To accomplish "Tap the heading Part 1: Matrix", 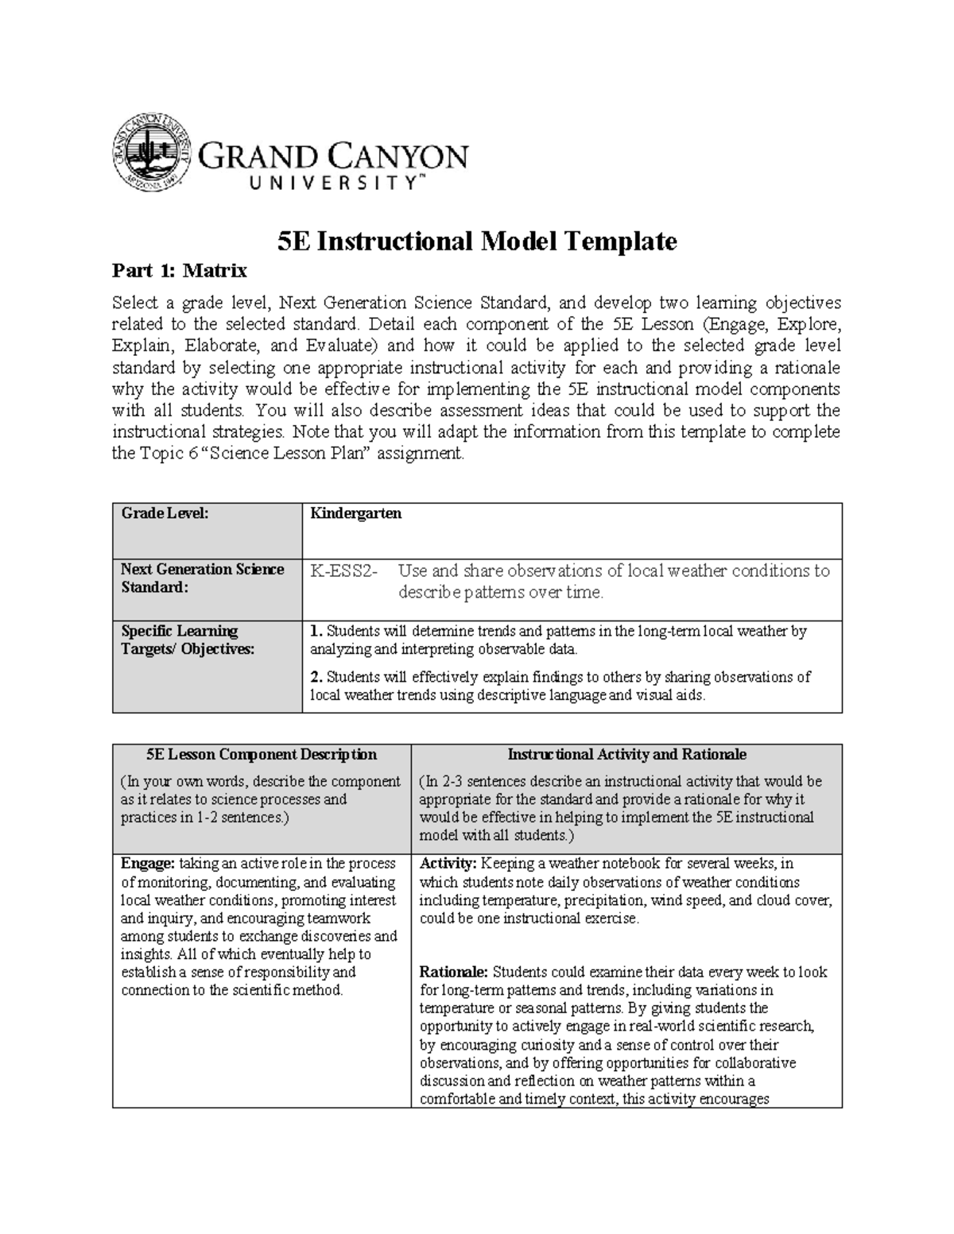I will pyautogui.click(x=179, y=271).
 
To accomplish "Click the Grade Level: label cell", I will pyautogui.click(x=165, y=513).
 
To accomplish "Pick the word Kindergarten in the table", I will pyautogui.click(x=355, y=513).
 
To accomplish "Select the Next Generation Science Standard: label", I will pyautogui.click(x=202, y=578).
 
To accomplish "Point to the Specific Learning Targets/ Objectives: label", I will pyautogui.click(x=188, y=640).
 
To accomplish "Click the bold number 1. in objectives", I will pyautogui.click(x=316, y=632).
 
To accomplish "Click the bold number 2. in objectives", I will pyautogui.click(x=316, y=677).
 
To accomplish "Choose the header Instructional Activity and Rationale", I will pyautogui.click(x=626, y=754).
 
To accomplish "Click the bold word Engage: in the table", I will pyautogui.click(x=147, y=864).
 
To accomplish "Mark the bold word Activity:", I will pyautogui.click(x=448, y=864).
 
